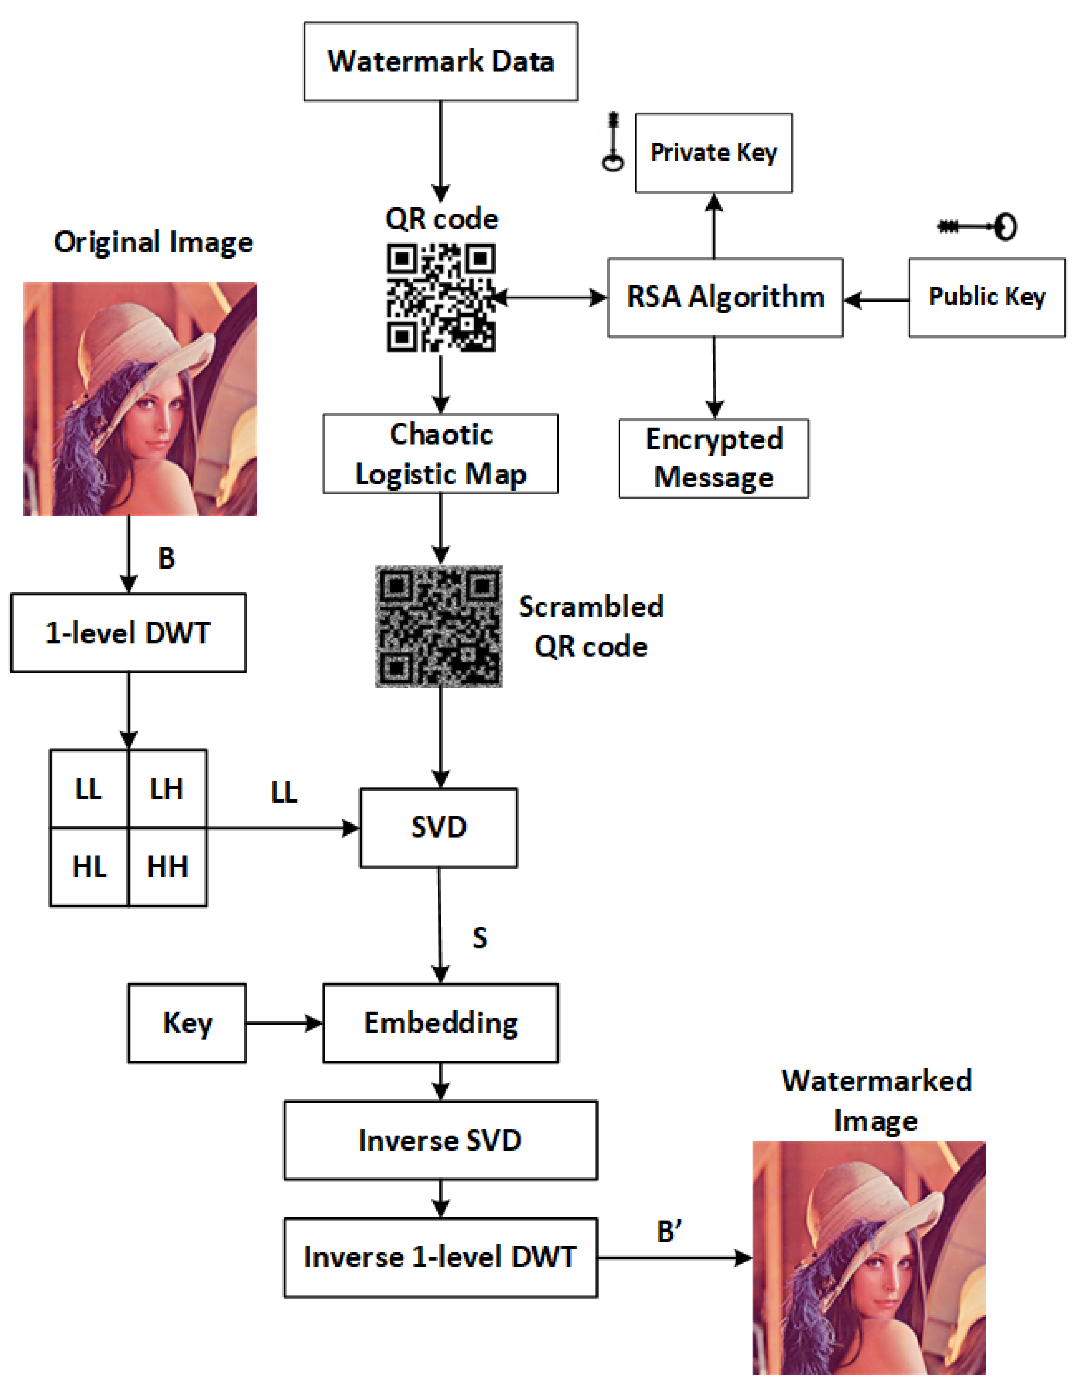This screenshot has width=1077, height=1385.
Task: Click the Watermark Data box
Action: point(440,62)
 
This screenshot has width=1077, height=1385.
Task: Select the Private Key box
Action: point(713,153)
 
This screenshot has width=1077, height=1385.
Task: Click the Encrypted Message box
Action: point(713,458)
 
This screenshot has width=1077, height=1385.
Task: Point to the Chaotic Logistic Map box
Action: point(440,454)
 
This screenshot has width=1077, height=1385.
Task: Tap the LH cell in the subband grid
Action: point(167,789)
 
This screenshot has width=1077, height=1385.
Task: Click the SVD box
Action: point(438,828)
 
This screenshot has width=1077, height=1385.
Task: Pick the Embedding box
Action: point(440,1023)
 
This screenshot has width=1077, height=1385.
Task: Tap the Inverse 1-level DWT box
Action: point(440,1257)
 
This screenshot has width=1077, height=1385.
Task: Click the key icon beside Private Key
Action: point(613,143)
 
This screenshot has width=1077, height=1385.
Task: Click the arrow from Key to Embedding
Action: point(284,1023)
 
